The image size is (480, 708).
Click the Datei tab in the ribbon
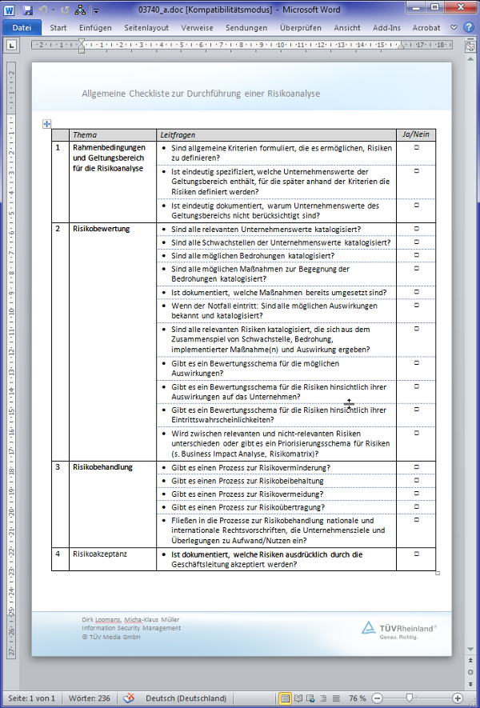pos(22,26)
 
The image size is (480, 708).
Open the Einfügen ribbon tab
pos(95,26)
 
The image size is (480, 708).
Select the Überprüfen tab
pos(300,26)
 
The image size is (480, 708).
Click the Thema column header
pos(84,134)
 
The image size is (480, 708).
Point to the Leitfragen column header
pos(178,134)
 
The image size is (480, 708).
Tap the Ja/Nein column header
pos(416,134)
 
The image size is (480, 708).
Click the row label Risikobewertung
pos(101,229)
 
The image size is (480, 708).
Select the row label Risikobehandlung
pos(102,466)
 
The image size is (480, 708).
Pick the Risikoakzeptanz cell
pos(100,554)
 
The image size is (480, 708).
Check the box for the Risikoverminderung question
pos(416,466)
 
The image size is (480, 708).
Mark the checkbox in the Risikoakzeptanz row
pos(416,554)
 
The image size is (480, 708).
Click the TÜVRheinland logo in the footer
pos(398,630)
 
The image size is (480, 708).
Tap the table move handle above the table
pos(46,123)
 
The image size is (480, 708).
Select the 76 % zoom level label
pos(358,698)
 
